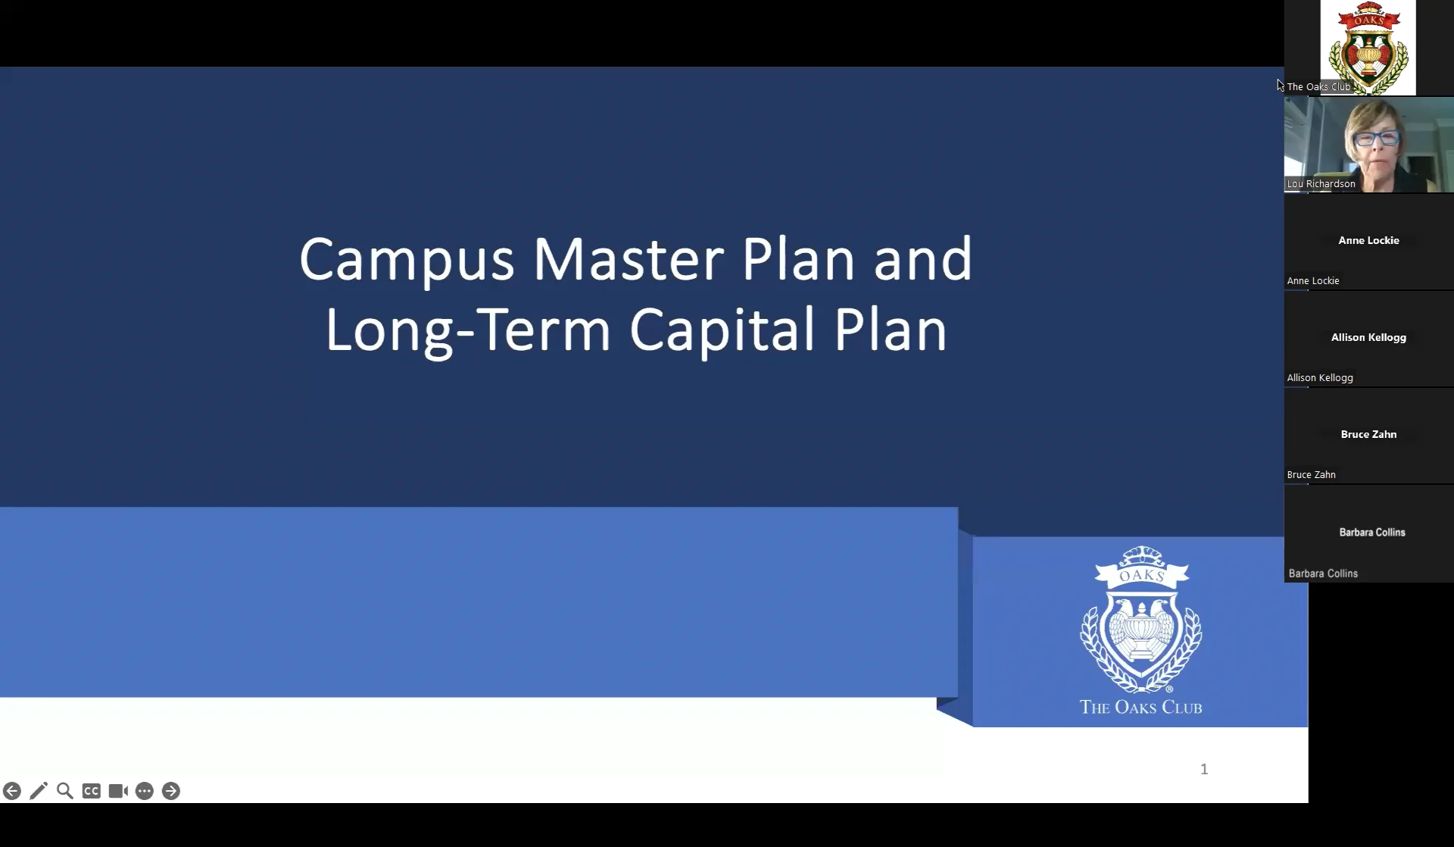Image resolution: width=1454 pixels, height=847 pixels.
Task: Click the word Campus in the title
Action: coord(407,260)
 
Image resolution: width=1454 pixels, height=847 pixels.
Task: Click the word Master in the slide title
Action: coord(629,260)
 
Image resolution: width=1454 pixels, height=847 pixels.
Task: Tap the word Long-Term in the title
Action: coord(468,330)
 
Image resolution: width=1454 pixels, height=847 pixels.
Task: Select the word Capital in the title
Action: coord(723,330)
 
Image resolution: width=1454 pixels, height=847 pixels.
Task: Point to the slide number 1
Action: coord(1204,769)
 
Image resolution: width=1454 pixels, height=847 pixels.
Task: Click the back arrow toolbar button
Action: coord(12,791)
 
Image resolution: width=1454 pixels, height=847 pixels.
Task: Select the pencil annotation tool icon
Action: coord(39,791)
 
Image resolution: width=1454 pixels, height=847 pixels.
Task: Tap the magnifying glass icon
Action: coord(65,791)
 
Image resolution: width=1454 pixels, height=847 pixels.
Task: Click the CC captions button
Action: coord(92,791)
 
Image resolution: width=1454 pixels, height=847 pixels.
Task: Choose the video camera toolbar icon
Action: coord(118,791)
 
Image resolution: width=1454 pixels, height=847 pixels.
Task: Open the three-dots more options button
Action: coord(145,791)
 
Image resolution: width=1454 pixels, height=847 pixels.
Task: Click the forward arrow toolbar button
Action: coord(171,791)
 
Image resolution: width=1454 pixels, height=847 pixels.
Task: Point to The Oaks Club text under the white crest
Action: coord(1140,708)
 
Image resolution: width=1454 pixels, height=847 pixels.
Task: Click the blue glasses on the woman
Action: coord(1377,139)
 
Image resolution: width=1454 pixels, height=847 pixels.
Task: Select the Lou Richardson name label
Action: coord(1321,184)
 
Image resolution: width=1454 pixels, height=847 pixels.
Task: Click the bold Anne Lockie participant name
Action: coord(1368,240)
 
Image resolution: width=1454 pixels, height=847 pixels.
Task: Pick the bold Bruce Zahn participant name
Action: coord(1368,434)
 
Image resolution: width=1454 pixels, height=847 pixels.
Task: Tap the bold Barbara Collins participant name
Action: coord(1371,533)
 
